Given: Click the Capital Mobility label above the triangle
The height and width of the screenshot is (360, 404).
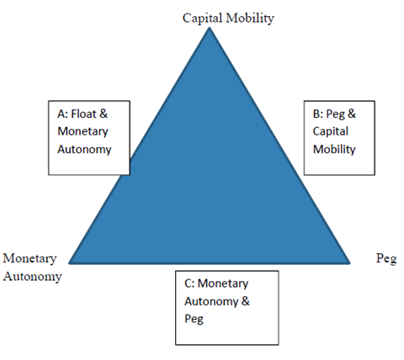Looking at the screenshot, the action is (x=228, y=19).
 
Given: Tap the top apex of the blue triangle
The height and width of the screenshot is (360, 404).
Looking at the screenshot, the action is (x=210, y=27).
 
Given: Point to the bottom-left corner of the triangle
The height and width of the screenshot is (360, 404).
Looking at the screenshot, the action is (x=69, y=263).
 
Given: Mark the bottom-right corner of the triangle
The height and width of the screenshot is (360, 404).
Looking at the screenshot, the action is (x=350, y=263).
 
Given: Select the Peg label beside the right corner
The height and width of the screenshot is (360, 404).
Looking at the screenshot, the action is (x=386, y=258).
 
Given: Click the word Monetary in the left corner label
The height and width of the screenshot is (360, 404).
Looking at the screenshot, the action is (x=29, y=258).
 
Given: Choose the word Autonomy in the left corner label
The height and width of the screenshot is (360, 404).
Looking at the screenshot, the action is (x=32, y=277).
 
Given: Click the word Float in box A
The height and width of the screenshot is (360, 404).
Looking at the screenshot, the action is (x=83, y=114).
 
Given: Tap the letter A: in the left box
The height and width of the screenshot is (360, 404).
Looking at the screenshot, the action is (x=62, y=114).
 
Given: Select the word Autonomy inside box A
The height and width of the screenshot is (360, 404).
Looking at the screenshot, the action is (x=84, y=150).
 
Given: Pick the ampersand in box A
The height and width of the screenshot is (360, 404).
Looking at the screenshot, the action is (x=104, y=114).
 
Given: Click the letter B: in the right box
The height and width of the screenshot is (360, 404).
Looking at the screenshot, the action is (x=318, y=114).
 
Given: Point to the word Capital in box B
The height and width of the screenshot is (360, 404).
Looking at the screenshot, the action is (x=331, y=131).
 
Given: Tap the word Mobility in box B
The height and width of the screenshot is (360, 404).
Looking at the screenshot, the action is (x=334, y=149).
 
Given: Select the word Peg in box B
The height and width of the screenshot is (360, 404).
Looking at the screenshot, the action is (x=336, y=114).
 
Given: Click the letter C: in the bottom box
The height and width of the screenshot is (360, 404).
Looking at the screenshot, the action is (x=189, y=283).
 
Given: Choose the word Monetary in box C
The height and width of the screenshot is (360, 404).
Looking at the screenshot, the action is (x=223, y=283).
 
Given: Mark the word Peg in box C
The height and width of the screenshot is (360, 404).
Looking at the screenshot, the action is (x=194, y=320).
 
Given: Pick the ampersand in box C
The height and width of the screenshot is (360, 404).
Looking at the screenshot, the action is (x=245, y=301).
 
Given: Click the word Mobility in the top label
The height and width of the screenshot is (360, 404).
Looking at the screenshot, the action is (x=250, y=19).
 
